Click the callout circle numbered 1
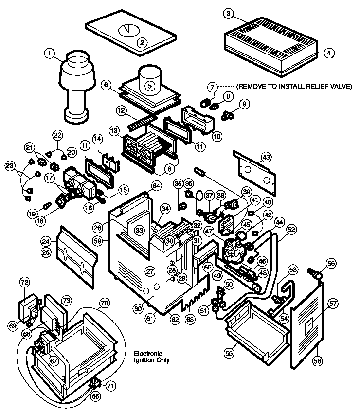[x=49, y=54]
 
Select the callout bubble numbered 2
[x=142, y=42]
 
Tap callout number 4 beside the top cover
[x=329, y=54]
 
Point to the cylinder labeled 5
[x=150, y=85]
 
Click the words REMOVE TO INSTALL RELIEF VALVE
[x=294, y=87]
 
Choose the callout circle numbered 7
[x=212, y=87]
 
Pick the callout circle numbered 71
[x=111, y=386]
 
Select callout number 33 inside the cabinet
[x=140, y=230]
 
